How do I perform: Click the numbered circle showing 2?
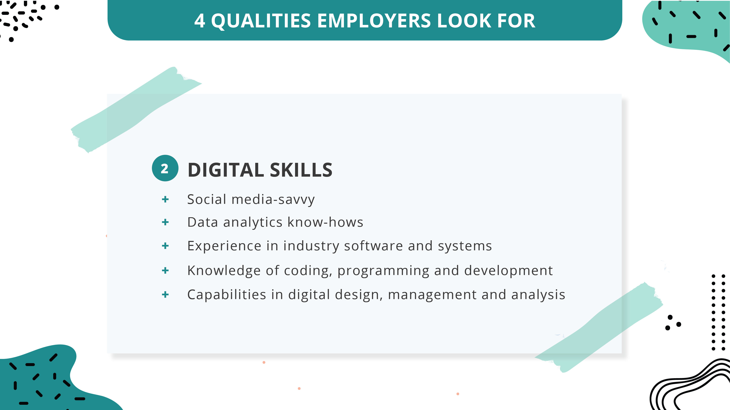[165, 168]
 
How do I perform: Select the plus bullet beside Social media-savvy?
[165, 199]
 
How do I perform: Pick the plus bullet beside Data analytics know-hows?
[165, 222]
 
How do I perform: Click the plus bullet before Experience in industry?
[165, 245]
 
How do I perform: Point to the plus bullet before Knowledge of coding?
[165, 270]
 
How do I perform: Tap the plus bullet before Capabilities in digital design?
[165, 294]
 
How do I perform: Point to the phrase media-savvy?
[273, 199]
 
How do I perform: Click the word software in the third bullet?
[373, 246]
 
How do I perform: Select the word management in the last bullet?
[432, 294]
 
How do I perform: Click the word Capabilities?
[227, 294]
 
